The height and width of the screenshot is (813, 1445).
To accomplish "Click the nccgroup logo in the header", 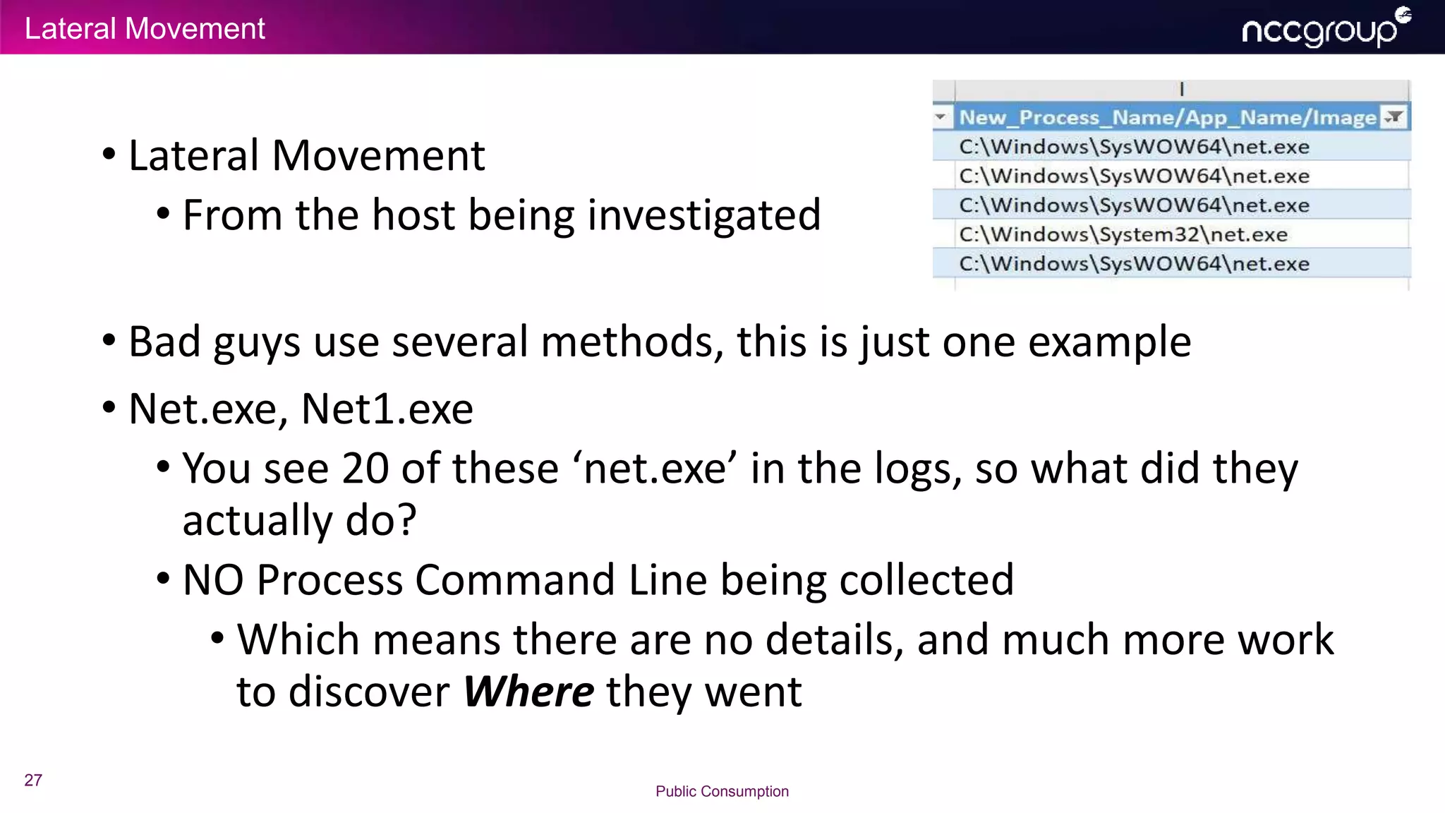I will pyautogui.click(x=1325, y=28).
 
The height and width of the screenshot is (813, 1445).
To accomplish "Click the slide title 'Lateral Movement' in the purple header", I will pyautogui.click(x=145, y=29).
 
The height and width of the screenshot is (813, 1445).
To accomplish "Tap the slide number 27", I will pyautogui.click(x=33, y=780).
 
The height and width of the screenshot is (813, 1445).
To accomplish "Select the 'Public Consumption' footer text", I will pyautogui.click(x=722, y=791).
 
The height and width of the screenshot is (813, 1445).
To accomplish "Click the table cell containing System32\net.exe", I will pyautogui.click(x=1123, y=234).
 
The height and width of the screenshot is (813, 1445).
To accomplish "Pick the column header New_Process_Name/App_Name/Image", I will pyautogui.click(x=1168, y=117).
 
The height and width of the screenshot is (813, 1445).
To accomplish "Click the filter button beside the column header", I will pyautogui.click(x=1394, y=117).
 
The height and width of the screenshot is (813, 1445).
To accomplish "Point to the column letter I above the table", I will pyautogui.click(x=1182, y=89).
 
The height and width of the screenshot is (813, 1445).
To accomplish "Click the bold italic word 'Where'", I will pyautogui.click(x=528, y=691).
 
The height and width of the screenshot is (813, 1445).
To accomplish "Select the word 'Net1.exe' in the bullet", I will pyautogui.click(x=387, y=409).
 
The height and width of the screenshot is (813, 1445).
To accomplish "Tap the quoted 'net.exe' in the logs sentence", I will pyautogui.click(x=655, y=468).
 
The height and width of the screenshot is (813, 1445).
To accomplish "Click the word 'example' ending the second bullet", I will pyautogui.click(x=1109, y=342).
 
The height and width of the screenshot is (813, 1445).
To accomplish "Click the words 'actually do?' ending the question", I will pyautogui.click(x=299, y=520).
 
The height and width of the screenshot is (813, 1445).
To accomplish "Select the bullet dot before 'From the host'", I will pyautogui.click(x=163, y=213).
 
